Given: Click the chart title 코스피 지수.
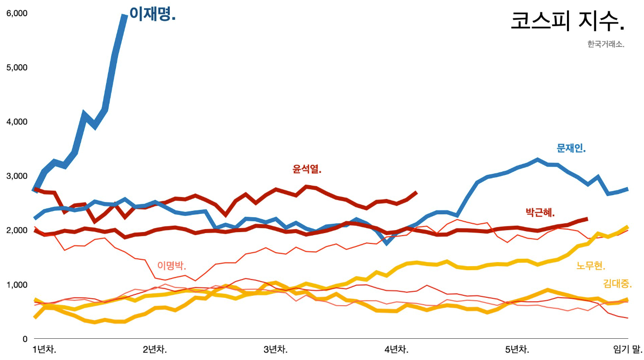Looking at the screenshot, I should tap(568, 22).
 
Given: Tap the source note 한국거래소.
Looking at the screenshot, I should tap(606, 44).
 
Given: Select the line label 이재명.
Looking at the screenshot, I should tap(152, 14).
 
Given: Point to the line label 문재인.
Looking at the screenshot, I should tap(571, 148).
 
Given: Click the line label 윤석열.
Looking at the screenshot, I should tap(307, 169).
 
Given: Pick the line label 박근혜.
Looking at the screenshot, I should tap(540, 213).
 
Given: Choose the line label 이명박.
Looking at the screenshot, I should tap(172, 265).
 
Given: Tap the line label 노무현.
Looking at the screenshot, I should tap(591, 266).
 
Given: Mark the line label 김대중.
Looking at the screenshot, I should tap(617, 283).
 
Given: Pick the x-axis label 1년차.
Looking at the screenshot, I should tap(44, 350).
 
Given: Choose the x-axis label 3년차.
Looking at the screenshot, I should tap(275, 350).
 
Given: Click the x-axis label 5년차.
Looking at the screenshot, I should tap(517, 350).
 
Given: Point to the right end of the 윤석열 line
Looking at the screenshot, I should tap(417, 192).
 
